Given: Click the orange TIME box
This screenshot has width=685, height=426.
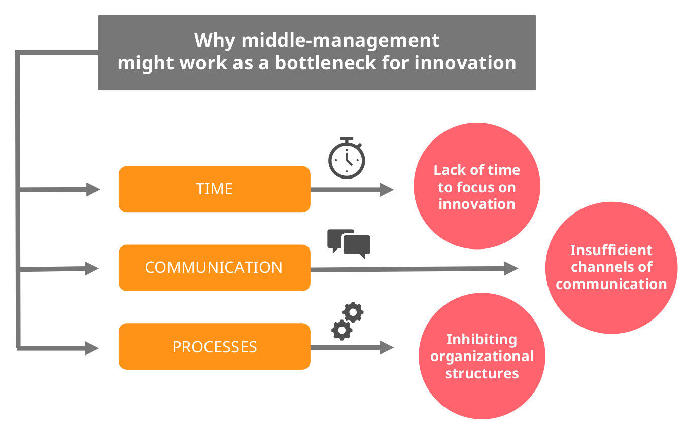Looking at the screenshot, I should (214, 189).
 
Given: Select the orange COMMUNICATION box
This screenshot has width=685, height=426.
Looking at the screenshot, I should (214, 268).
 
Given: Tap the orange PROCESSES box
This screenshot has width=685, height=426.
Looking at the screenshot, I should (214, 347).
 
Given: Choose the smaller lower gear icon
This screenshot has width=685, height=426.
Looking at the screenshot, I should (342, 329).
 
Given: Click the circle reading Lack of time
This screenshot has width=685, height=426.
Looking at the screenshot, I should (476, 186).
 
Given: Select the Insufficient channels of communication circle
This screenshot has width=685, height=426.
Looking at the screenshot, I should (611, 267).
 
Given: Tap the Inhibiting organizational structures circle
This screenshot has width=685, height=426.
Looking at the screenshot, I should (482, 356).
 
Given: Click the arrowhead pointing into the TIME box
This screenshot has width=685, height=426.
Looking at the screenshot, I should (93, 189).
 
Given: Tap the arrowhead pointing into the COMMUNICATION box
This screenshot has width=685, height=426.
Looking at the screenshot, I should (92, 268).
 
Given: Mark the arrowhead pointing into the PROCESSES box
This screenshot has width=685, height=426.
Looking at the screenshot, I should (92, 348).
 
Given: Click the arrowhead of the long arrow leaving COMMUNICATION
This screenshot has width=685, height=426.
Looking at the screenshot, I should (511, 268).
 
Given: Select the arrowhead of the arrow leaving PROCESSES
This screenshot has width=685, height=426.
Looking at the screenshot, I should (387, 347).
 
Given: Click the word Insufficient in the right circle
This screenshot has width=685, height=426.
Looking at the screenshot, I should (611, 250).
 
